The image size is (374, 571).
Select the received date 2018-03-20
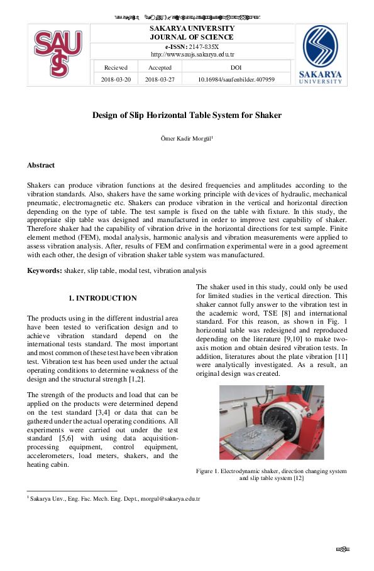tap(116, 80)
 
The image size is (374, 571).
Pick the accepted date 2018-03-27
tap(160, 80)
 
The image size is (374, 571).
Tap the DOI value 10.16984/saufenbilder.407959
tap(236, 80)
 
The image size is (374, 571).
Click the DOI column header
tap(236, 67)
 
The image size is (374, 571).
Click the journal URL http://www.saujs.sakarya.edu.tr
tap(192, 55)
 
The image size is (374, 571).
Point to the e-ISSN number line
tap(192, 46)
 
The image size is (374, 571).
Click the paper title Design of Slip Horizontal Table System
tap(187, 115)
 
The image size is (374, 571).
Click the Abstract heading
tap(40, 166)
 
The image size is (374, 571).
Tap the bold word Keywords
tap(44, 270)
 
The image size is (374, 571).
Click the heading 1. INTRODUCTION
tap(102, 298)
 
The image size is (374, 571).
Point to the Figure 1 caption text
tap(271, 474)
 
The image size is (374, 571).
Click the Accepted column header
tap(160, 67)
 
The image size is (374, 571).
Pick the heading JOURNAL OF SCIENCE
tap(192, 37)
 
